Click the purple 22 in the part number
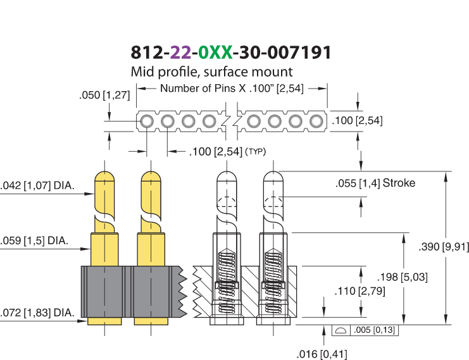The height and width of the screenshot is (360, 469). point(180,53)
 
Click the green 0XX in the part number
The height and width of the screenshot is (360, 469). point(215,53)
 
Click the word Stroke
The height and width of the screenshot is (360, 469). point(399,183)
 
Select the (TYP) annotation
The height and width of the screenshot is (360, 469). point(256,152)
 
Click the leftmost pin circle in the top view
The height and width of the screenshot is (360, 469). point(147,121)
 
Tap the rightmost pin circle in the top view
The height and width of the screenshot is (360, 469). point(316,121)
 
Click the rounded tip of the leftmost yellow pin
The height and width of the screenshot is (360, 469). point(104,177)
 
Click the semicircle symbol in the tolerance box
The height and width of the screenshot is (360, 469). point(341,330)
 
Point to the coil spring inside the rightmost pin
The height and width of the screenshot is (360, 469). point(273,281)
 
